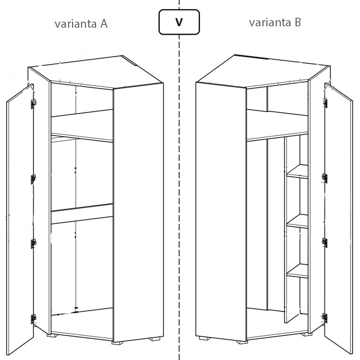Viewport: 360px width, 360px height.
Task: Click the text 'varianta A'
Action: pos(81,24)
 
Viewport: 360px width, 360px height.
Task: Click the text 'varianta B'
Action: pos(275,22)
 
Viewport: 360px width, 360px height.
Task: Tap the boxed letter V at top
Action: pos(179,22)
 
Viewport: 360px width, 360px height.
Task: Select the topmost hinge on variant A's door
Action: pos(33,104)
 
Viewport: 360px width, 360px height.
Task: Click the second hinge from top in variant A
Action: pos(33,179)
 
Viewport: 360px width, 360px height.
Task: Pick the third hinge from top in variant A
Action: pos(33,244)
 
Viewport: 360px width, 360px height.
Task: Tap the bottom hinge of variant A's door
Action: pos(33,319)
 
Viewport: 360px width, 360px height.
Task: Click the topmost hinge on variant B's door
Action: pos(325,103)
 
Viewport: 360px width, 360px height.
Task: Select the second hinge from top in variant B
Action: pos(324,178)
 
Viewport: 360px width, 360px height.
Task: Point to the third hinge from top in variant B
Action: pos(324,243)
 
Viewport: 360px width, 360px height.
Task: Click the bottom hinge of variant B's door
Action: pos(324,318)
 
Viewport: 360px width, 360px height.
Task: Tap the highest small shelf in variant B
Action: pos(297,171)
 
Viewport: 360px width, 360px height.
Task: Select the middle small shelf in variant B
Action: pos(297,221)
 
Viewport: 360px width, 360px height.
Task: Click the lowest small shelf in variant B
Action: pos(297,271)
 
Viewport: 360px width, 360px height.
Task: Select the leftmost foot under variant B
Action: pos(204,338)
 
